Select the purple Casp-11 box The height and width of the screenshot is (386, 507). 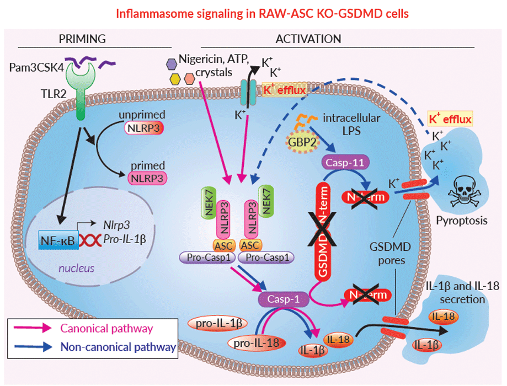pos(341,163)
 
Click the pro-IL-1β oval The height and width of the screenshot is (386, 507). pos(217,323)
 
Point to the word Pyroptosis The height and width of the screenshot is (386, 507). pos(462,221)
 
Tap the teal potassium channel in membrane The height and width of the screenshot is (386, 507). pos(248,92)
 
